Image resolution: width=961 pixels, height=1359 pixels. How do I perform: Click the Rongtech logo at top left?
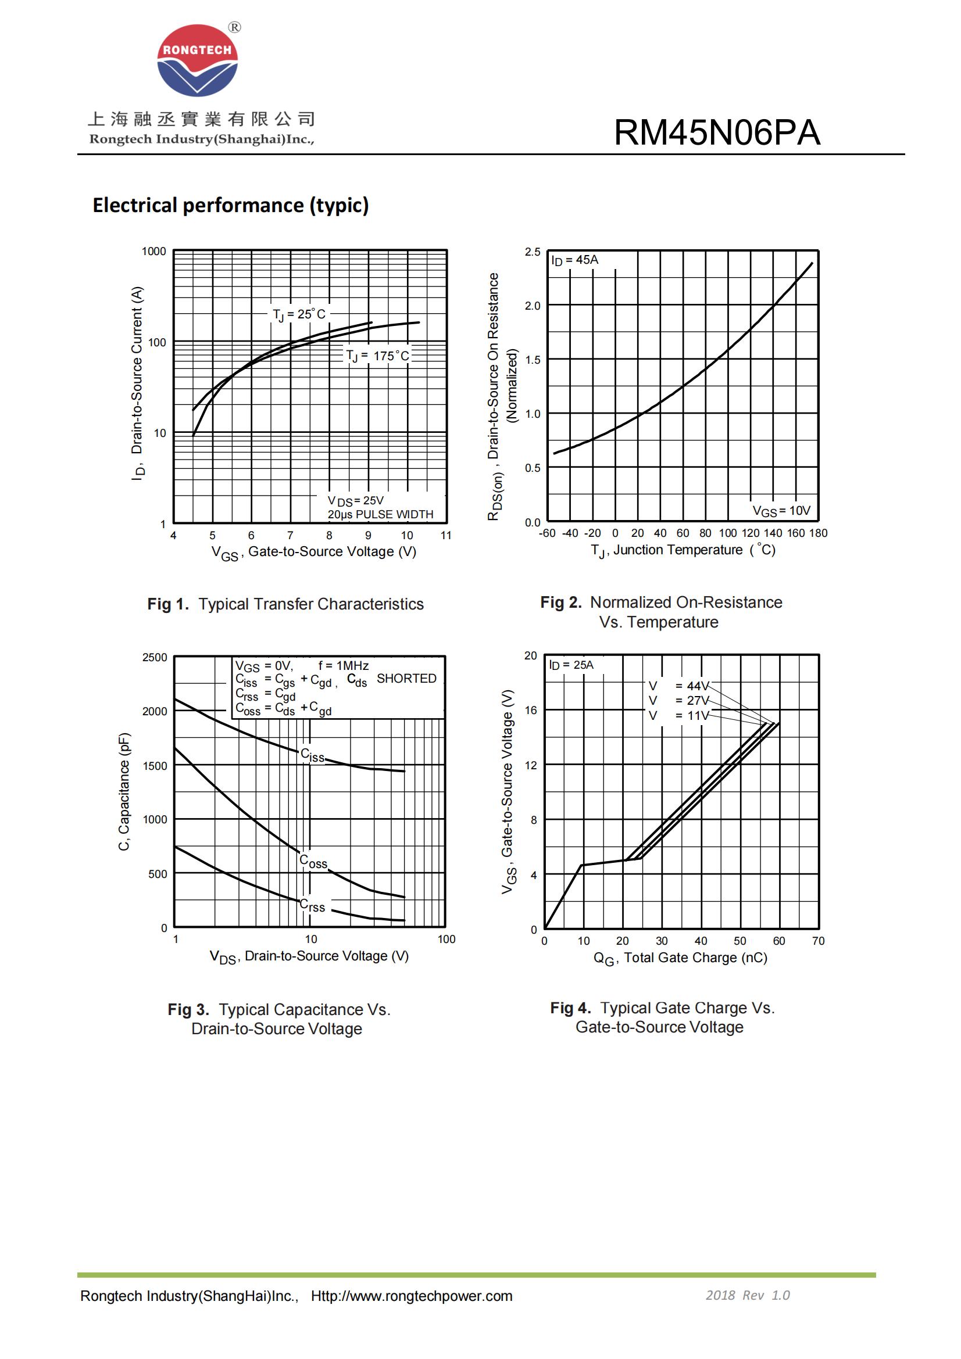click(197, 61)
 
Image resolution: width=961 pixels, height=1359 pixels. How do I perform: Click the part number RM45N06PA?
click(716, 132)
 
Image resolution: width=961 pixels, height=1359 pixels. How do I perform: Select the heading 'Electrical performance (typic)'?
click(230, 205)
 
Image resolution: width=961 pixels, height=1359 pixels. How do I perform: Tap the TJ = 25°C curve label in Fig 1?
click(299, 314)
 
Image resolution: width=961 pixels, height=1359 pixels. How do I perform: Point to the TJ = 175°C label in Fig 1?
click(378, 356)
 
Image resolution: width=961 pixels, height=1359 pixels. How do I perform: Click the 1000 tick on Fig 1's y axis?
click(154, 252)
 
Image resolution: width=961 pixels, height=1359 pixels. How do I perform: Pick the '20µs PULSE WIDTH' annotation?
click(380, 514)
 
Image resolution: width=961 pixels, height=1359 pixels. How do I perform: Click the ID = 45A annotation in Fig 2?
click(575, 260)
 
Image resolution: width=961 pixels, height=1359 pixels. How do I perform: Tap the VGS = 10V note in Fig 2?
click(781, 511)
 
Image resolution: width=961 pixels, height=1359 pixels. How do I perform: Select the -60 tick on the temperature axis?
click(546, 533)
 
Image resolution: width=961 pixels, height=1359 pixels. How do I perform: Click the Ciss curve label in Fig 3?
click(313, 755)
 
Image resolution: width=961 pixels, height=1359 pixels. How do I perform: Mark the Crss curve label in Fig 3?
click(312, 906)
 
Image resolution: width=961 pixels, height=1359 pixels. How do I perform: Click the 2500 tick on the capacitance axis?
click(155, 658)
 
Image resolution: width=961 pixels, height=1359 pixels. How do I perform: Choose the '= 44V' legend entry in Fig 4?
click(692, 686)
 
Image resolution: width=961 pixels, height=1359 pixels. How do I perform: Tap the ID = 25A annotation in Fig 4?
click(571, 665)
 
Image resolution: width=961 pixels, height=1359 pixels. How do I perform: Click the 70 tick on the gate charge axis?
click(818, 941)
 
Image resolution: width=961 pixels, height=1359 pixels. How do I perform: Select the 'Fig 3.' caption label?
click(188, 1010)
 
